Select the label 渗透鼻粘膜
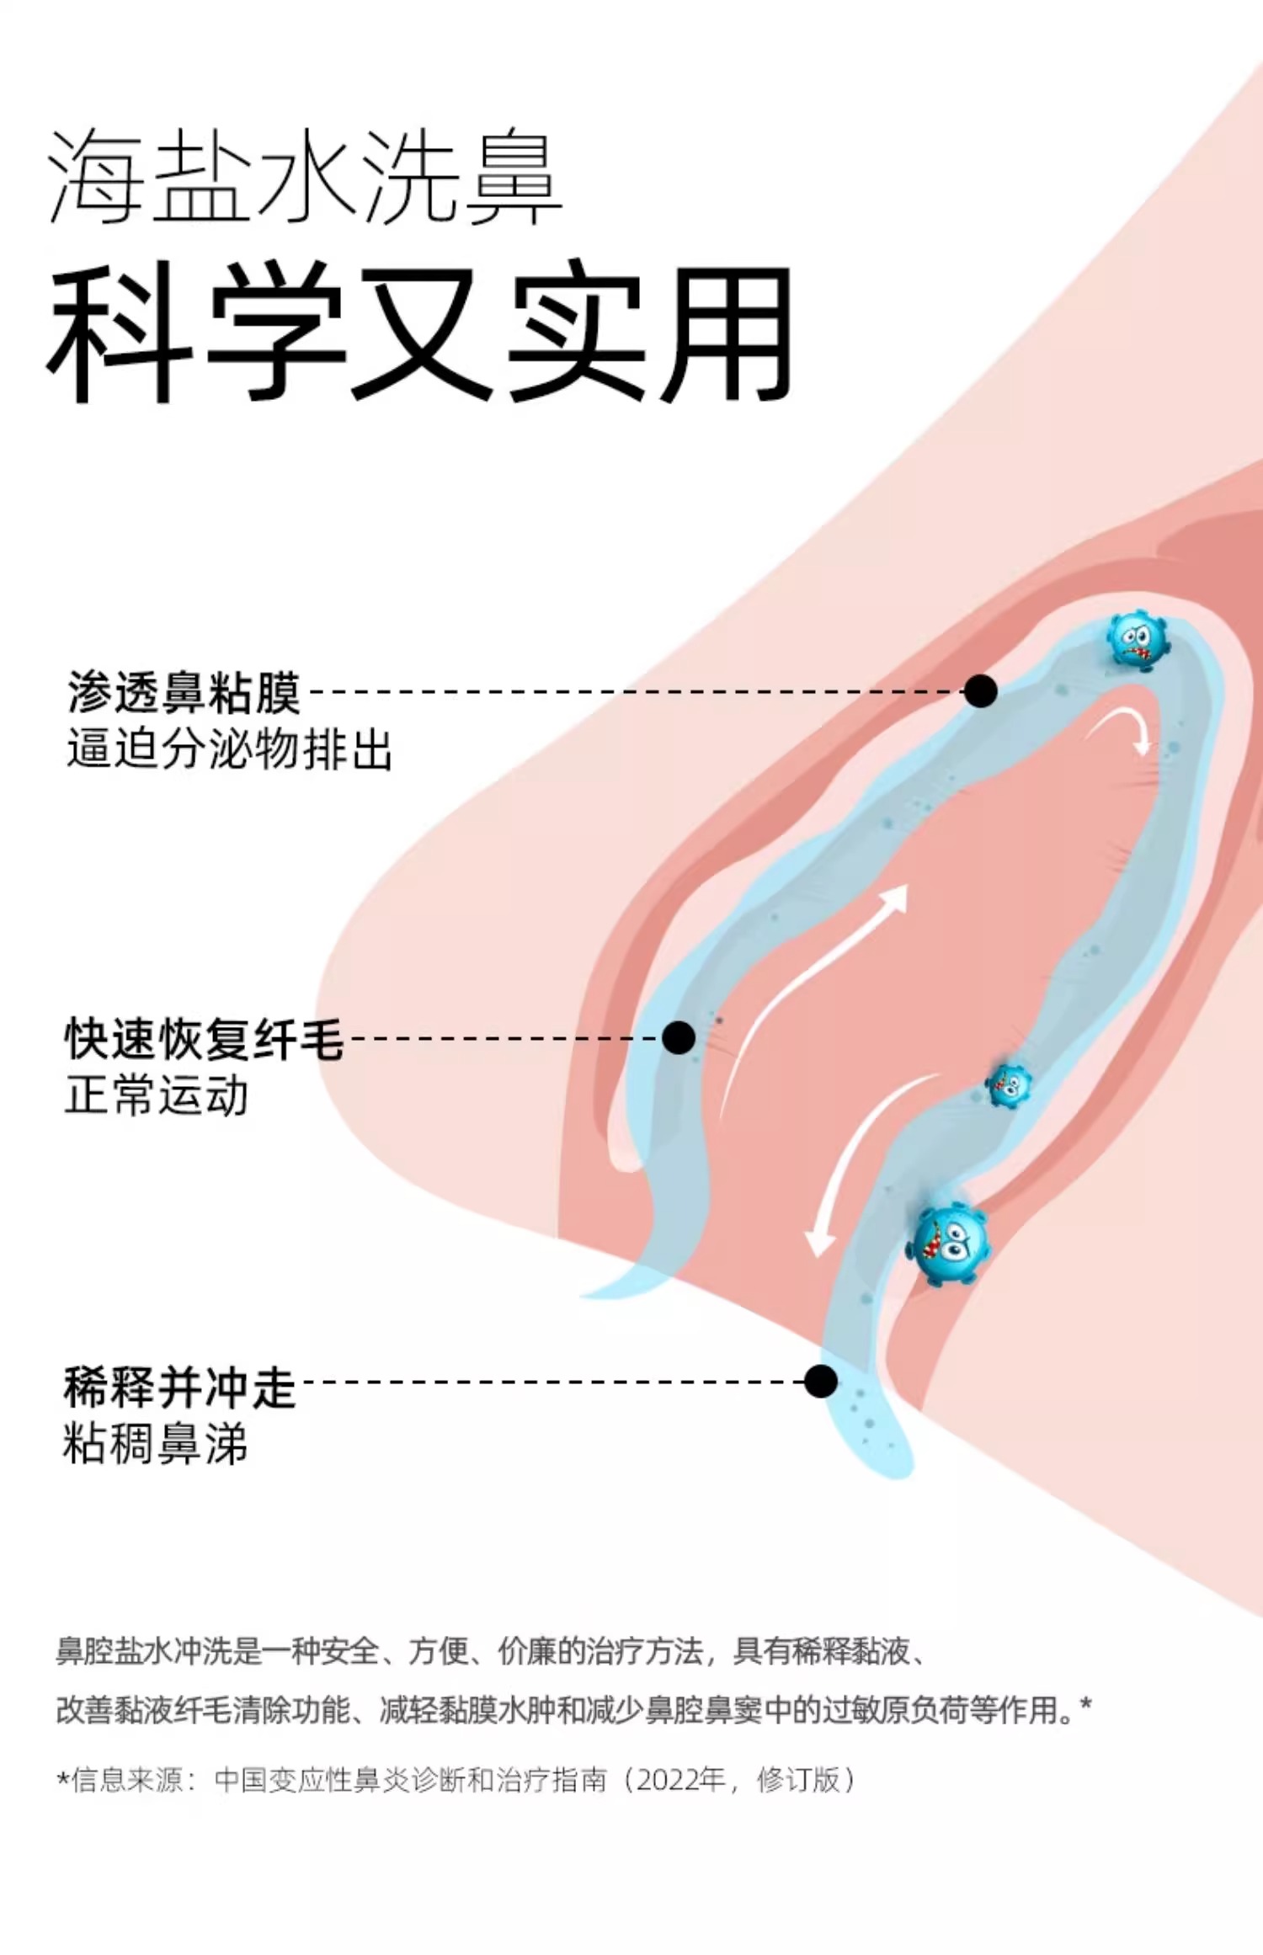click(184, 692)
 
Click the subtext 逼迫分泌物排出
click(229, 749)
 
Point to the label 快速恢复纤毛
click(204, 1038)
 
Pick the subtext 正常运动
click(157, 1095)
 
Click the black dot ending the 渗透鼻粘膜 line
click(980, 691)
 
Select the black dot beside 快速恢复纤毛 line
click(678, 1037)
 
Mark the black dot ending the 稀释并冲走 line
click(820, 1381)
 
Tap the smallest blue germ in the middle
click(1008, 1084)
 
